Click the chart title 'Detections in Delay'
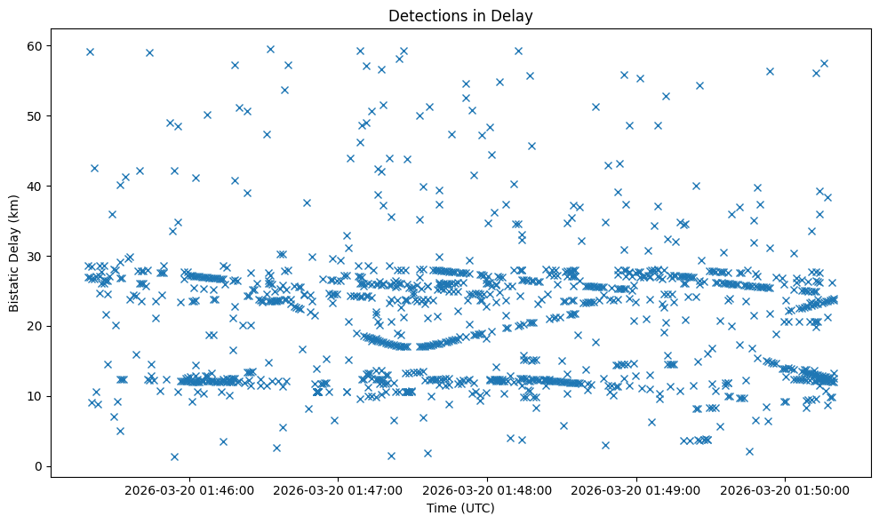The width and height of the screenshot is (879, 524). pyautogui.click(x=460, y=16)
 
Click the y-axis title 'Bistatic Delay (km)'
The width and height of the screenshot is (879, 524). pyautogui.click(x=14, y=252)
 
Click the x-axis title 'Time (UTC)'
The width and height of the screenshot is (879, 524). pyautogui.click(x=460, y=509)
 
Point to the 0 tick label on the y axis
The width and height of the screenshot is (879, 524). pyautogui.click(x=36, y=466)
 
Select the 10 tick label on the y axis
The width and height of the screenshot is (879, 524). pyautogui.click(x=34, y=396)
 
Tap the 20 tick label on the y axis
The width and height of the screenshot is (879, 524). pyautogui.click(x=34, y=326)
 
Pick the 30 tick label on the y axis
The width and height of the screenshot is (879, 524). pyautogui.click(x=34, y=256)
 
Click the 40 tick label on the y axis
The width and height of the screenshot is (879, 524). pyautogui.click(x=34, y=186)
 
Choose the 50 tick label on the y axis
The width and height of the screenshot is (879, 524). pyautogui.click(x=34, y=115)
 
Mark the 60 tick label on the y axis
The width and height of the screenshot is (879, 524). pyautogui.click(x=34, y=45)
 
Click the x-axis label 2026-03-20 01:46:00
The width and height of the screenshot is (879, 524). pyautogui.click(x=189, y=489)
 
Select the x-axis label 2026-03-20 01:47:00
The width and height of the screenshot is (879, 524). pyautogui.click(x=339, y=489)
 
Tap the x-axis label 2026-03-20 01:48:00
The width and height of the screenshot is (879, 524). pyautogui.click(x=488, y=489)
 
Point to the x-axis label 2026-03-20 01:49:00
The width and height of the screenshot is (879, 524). pyautogui.click(x=637, y=489)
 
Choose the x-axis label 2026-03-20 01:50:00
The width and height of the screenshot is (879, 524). pyautogui.click(x=787, y=489)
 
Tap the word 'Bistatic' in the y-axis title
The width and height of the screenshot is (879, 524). pyautogui.click(x=14, y=283)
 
